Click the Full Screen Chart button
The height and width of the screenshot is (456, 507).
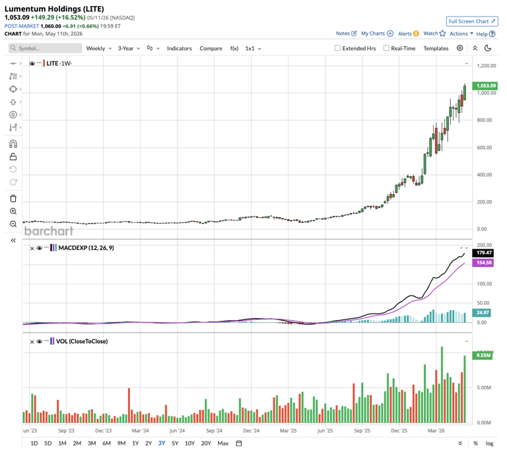(x=472, y=21)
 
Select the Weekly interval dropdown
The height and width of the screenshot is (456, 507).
(x=98, y=48)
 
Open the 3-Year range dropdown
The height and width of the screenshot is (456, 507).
(x=129, y=48)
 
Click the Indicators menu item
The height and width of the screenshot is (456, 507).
(x=179, y=48)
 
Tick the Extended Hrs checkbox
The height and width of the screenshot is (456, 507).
(x=337, y=48)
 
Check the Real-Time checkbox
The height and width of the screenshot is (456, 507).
(x=386, y=48)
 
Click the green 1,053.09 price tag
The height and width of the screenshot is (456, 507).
(x=485, y=86)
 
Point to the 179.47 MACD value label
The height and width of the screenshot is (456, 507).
(x=483, y=253)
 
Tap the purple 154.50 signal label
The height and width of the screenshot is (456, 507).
(x=483, y=263)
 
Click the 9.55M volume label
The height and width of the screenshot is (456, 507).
(x=483, y=355)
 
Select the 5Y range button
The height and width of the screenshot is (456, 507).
(x=175, y=443)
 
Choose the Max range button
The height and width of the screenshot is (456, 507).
(x=222, y=443)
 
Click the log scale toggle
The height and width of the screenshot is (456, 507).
(x=490, y=443)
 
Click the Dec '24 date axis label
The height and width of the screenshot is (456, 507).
(x=252, y=431)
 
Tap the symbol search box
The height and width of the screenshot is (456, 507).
(x=46, y=48)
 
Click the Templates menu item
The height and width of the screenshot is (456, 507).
(x=436, y=48)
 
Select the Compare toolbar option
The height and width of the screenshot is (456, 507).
(x=211, y=48)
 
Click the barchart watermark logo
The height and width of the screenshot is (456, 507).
(x=49, y=231)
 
